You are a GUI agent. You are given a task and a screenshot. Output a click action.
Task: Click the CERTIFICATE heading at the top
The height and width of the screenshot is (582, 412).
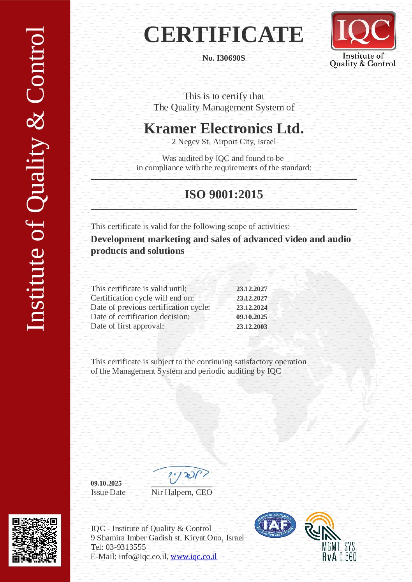pyautogui.click(x=224, y=35)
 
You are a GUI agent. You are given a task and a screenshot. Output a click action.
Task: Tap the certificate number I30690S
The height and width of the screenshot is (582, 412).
pyautogui.click(x=224, y=58)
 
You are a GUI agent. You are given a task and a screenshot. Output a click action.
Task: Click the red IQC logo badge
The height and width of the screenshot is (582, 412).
pyautogui.click(x=363, y=31)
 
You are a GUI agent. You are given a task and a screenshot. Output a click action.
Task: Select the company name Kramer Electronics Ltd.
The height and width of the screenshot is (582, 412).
pyautogui.click(x=224, y=128)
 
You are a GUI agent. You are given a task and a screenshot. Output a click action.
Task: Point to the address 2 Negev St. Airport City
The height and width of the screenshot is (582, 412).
pyautogui.click(x=224, y=142)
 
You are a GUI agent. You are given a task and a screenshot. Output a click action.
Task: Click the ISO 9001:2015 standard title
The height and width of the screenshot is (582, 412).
pyautogui.click(x=224, y=194)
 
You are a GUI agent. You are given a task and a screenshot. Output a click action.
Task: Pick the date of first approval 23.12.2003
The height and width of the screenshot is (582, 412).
pyautogui.click(x=252, y=327)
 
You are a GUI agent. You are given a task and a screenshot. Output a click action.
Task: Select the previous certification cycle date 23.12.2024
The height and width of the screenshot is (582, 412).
pyautogui.click(x=252, y=308)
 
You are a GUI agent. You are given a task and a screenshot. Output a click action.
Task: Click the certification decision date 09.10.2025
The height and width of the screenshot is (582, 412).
pyautogui.click(x=252, y=317)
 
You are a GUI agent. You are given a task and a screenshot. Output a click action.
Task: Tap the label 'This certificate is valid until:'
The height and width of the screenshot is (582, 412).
pyautogui.click(x=139, y=288)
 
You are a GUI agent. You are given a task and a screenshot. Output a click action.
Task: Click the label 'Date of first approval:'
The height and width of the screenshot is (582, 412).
pyautogui.click(x=127, y=326)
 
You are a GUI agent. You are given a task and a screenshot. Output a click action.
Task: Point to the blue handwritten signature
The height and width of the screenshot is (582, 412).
pyautogui.click(x=181, y=474)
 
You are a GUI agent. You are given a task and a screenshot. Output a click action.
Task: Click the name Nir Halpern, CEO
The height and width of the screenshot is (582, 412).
pyautogui.click(x=181, y=492)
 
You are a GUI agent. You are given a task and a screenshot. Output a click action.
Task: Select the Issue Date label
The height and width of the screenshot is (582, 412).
pyautogui.click(x=108, y=492)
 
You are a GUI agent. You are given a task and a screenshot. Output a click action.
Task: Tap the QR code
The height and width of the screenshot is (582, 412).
pyautogui.click(x=35, y=540)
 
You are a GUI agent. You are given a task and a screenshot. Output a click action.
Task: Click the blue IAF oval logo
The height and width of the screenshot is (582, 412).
pyautogui.click(x=275, y=525)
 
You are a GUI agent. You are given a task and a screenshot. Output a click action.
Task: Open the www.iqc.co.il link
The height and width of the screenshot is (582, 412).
pyautogui.click(x=194, y=556)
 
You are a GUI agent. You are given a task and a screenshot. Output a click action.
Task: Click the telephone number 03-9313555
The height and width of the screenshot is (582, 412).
pyautogui.click(x=126, y=547)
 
